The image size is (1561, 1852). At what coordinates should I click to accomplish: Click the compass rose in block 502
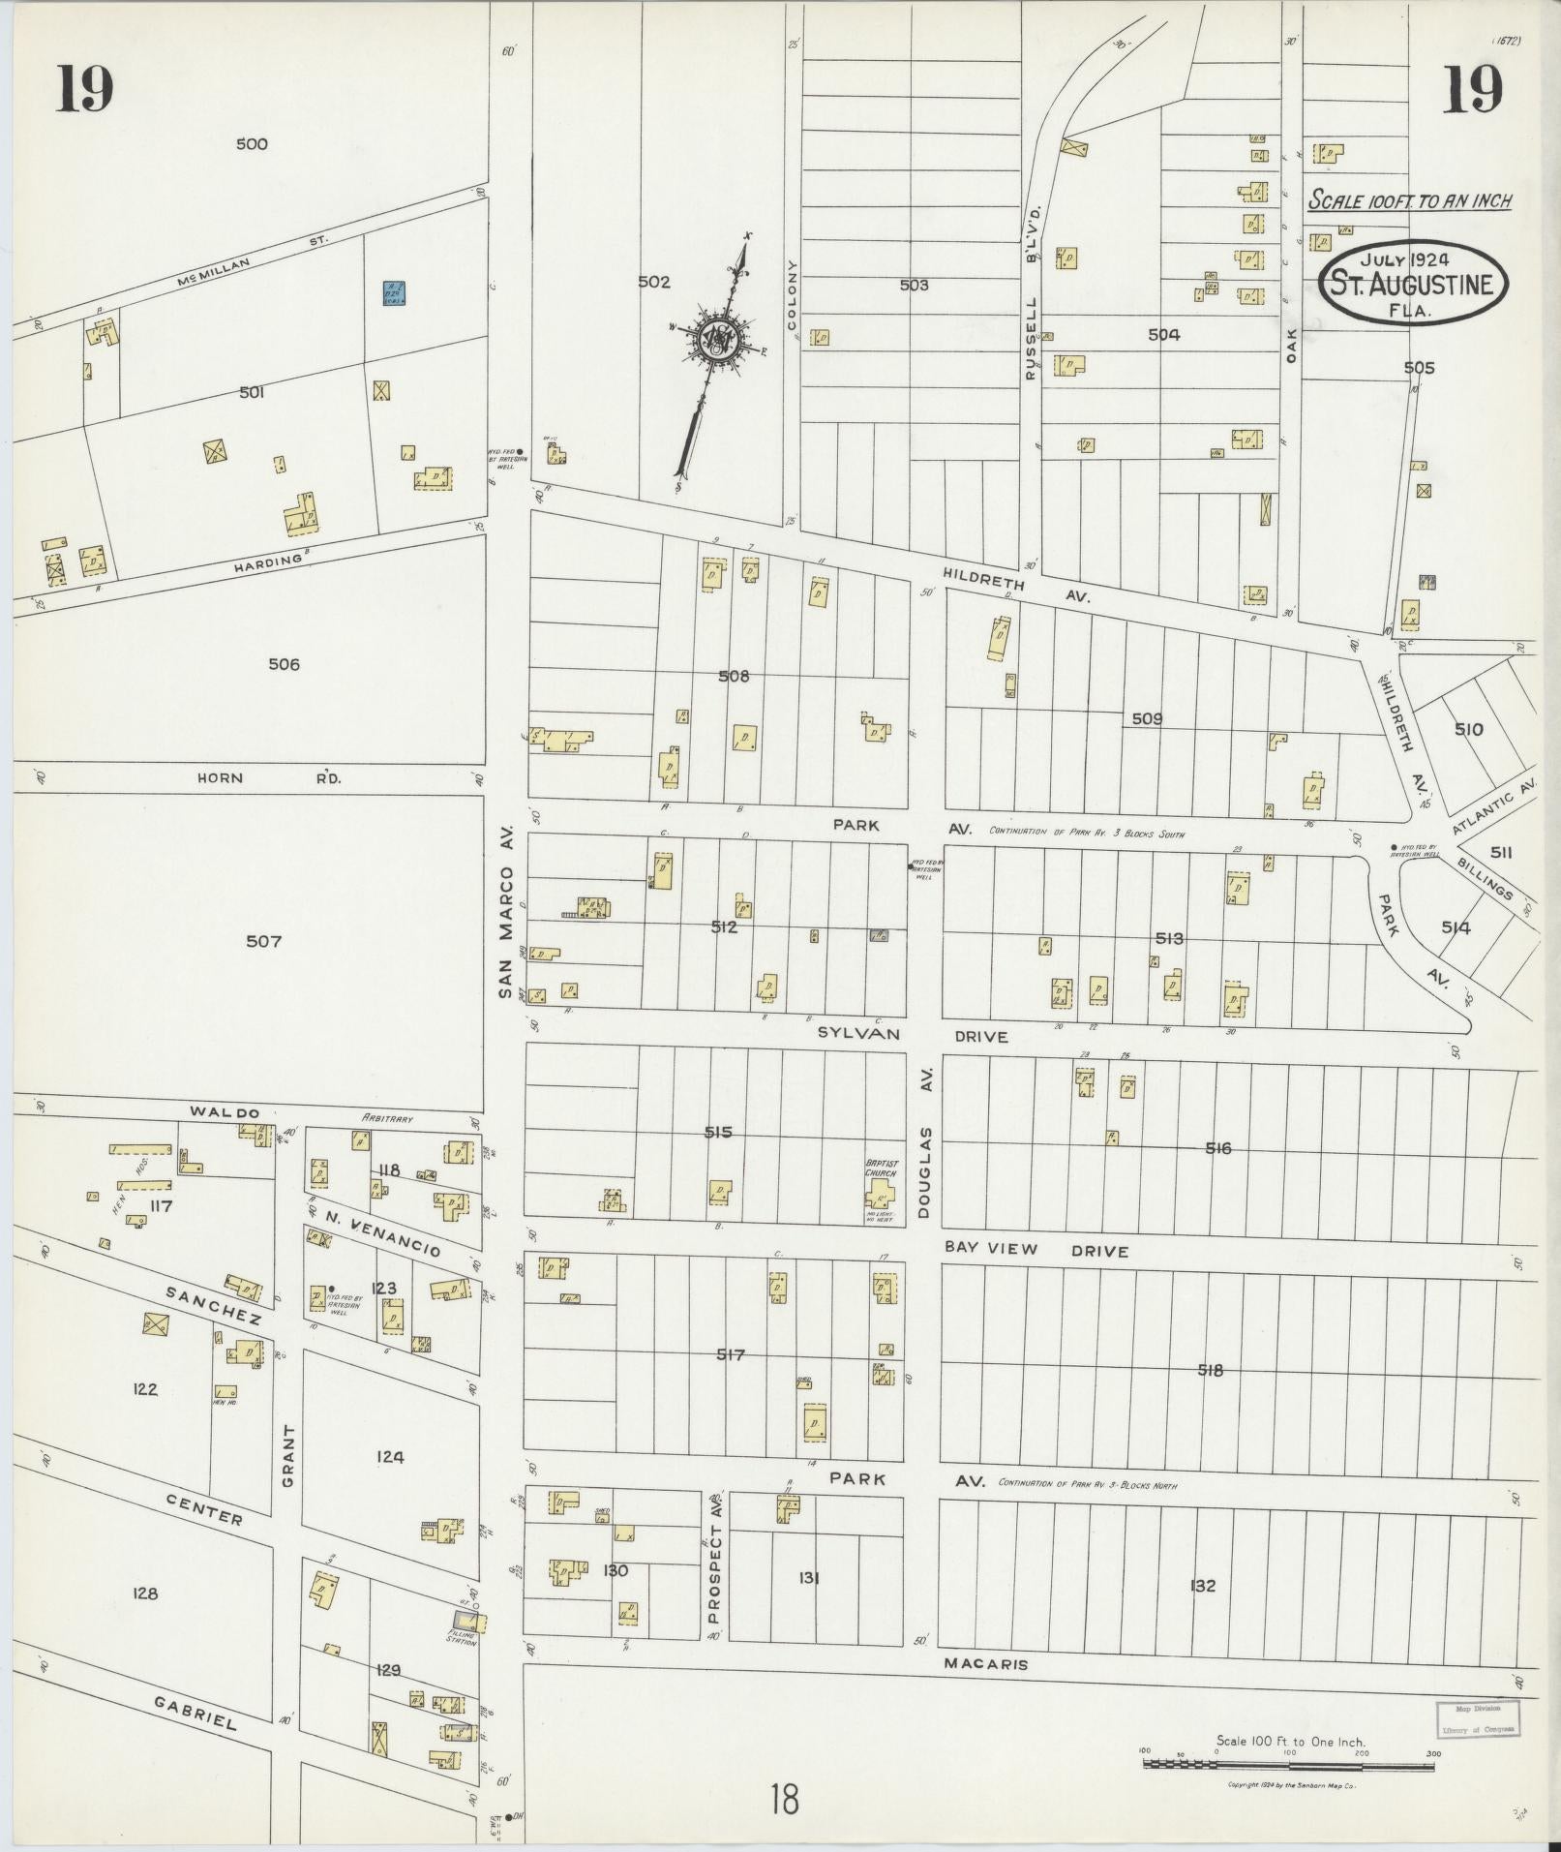719,339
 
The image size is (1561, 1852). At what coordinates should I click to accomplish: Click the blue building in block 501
393,293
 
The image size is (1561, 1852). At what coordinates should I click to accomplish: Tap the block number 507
263,941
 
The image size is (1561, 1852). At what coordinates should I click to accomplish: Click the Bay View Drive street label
1036,1250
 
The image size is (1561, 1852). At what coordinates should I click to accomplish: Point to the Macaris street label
983,1664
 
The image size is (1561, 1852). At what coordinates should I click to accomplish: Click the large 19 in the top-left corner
85,89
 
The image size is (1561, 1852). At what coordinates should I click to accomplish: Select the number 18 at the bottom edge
785,1802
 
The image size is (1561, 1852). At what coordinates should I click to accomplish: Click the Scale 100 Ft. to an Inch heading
1409,201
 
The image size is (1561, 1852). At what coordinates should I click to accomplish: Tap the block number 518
1211,1370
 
